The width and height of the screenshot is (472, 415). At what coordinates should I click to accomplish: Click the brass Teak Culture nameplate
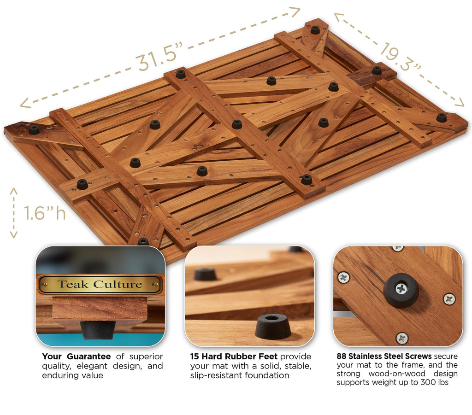click(100, 284)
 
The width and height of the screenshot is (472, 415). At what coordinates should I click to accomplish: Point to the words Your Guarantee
click(76, 357)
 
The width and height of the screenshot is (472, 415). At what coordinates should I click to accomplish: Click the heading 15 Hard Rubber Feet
click(234, 357)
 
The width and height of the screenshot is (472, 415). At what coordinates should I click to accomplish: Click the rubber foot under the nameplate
click(98, 329)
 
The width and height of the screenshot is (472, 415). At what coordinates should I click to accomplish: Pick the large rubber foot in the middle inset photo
click(273, 326)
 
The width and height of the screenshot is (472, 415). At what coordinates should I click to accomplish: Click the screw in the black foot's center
click(401, 289)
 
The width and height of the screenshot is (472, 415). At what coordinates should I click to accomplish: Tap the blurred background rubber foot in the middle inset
click(205, 275)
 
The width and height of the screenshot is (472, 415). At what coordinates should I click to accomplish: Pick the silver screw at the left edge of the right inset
click(343, 277)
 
